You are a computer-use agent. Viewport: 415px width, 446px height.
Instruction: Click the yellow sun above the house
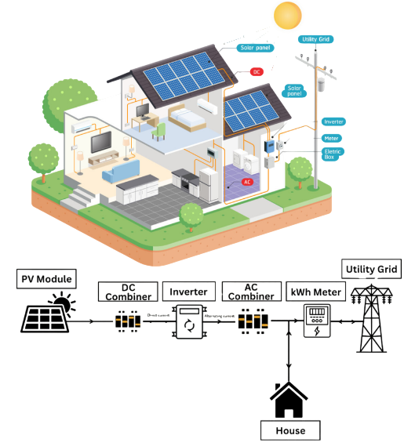coord(287,16)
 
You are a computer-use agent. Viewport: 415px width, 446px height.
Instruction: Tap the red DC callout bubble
coord(256,72)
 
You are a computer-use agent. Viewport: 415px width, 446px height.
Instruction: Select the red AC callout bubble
coord(248,182)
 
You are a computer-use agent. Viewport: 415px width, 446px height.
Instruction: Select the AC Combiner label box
coord(249,292)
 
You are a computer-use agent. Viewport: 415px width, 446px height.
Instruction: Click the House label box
coord(289,430)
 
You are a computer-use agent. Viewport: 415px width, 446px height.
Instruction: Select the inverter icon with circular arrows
coord(188,322)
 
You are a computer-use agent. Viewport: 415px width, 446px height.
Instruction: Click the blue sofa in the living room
coord(119,170)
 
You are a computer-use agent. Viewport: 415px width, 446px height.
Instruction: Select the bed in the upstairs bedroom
coord(186,118)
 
